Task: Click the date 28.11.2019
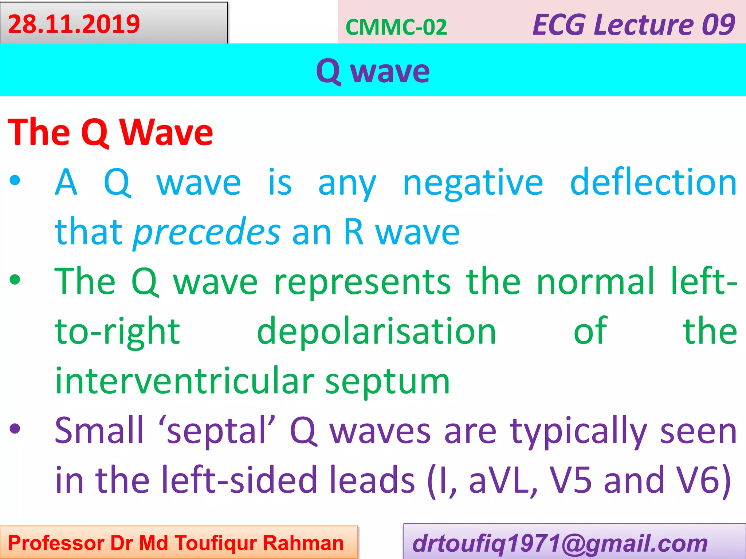74,24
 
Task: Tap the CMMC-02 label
396,27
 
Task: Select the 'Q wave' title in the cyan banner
373,71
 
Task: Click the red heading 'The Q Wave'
110,132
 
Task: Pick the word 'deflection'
653,182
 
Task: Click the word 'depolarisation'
376,331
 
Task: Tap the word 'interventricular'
184,381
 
